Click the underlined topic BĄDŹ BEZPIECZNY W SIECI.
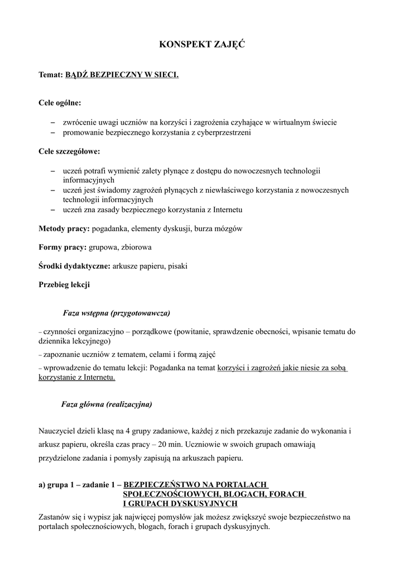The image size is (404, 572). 122,74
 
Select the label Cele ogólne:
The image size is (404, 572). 60,103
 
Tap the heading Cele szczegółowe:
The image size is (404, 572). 69,151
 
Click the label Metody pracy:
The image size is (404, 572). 64,229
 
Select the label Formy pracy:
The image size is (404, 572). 62,247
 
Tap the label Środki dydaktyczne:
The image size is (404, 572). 74,266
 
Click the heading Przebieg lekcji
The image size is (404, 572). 64,284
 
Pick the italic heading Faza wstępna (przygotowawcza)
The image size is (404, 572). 116,312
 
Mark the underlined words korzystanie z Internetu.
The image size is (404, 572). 77,378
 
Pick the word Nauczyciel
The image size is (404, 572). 58,431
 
